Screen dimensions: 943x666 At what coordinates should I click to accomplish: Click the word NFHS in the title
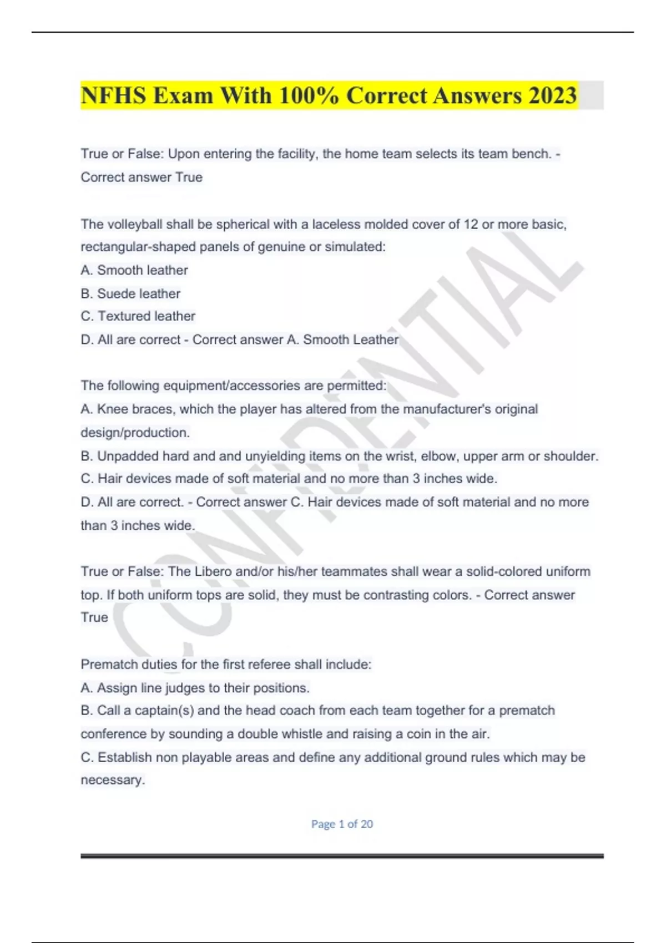point(113,95)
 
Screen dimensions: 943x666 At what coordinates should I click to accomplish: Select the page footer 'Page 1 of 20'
point(342,824)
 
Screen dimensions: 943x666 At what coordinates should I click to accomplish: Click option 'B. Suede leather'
point(130,293)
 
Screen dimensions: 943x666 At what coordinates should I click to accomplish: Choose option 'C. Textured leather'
point(138,316)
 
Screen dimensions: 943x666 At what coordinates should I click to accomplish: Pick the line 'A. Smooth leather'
point(134,270)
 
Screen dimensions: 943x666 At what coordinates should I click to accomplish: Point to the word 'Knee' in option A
point(113,409)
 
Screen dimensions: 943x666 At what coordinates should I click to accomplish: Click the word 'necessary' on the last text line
point(112,780)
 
